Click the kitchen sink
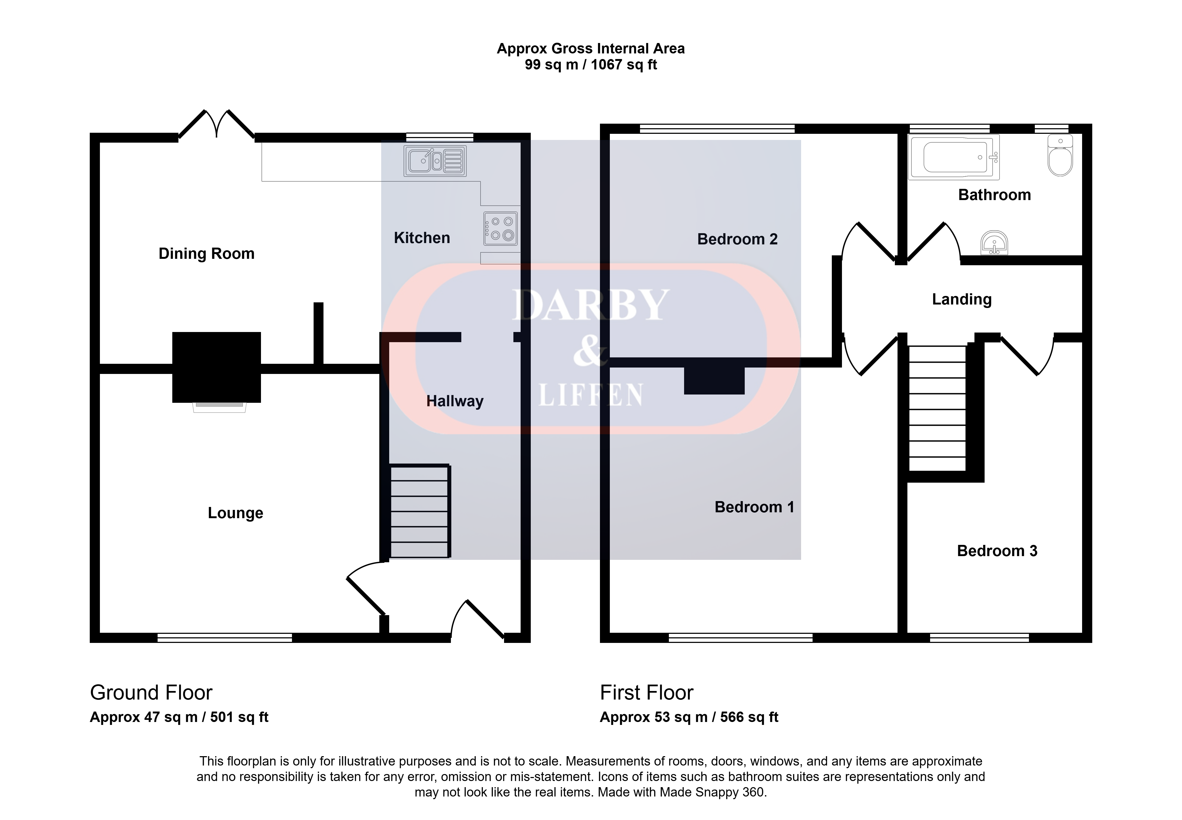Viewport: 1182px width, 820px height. [435, 161]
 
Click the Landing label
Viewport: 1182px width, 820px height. [962, 299]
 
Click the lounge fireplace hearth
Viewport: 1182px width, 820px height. [219, 407]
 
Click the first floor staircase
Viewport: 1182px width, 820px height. [938, 408]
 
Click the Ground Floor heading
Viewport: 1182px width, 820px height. [151, 693]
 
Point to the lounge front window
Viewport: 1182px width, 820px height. [224, 638]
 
